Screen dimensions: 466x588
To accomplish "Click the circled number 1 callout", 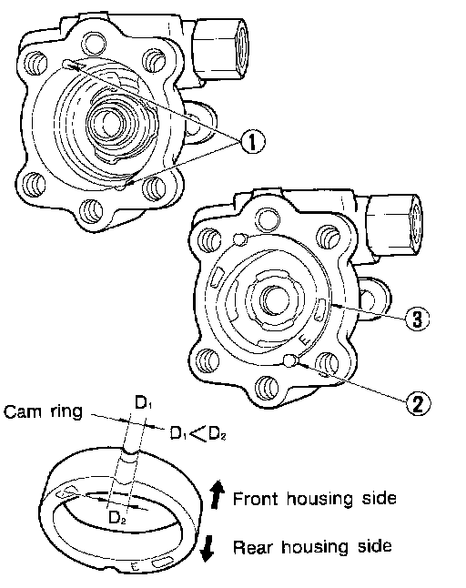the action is pyautogui.click(x=252, y=141).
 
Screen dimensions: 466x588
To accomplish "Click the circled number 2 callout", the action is pyautogui.click(x=418, y=403).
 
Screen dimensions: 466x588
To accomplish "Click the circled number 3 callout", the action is pyautogui.click(x=417, y=319).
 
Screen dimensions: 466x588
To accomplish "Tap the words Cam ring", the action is pyautogui.click(x=43, y=411).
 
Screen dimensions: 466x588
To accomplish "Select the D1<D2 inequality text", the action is pyautogui.click(x=198, y=433).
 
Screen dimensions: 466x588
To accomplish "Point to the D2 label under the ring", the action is pyautogui.click(x=116, y=518).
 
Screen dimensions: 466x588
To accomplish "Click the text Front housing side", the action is pyautogui.click(x=315, y=499).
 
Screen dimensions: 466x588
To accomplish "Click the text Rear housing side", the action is pyautogui.click(x=312, y=546).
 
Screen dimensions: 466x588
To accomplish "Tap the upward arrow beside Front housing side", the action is pyautogui.click(x=218, y=494).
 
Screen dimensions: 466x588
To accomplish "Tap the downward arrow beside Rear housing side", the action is pyautogui.click(x=207, y=549).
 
